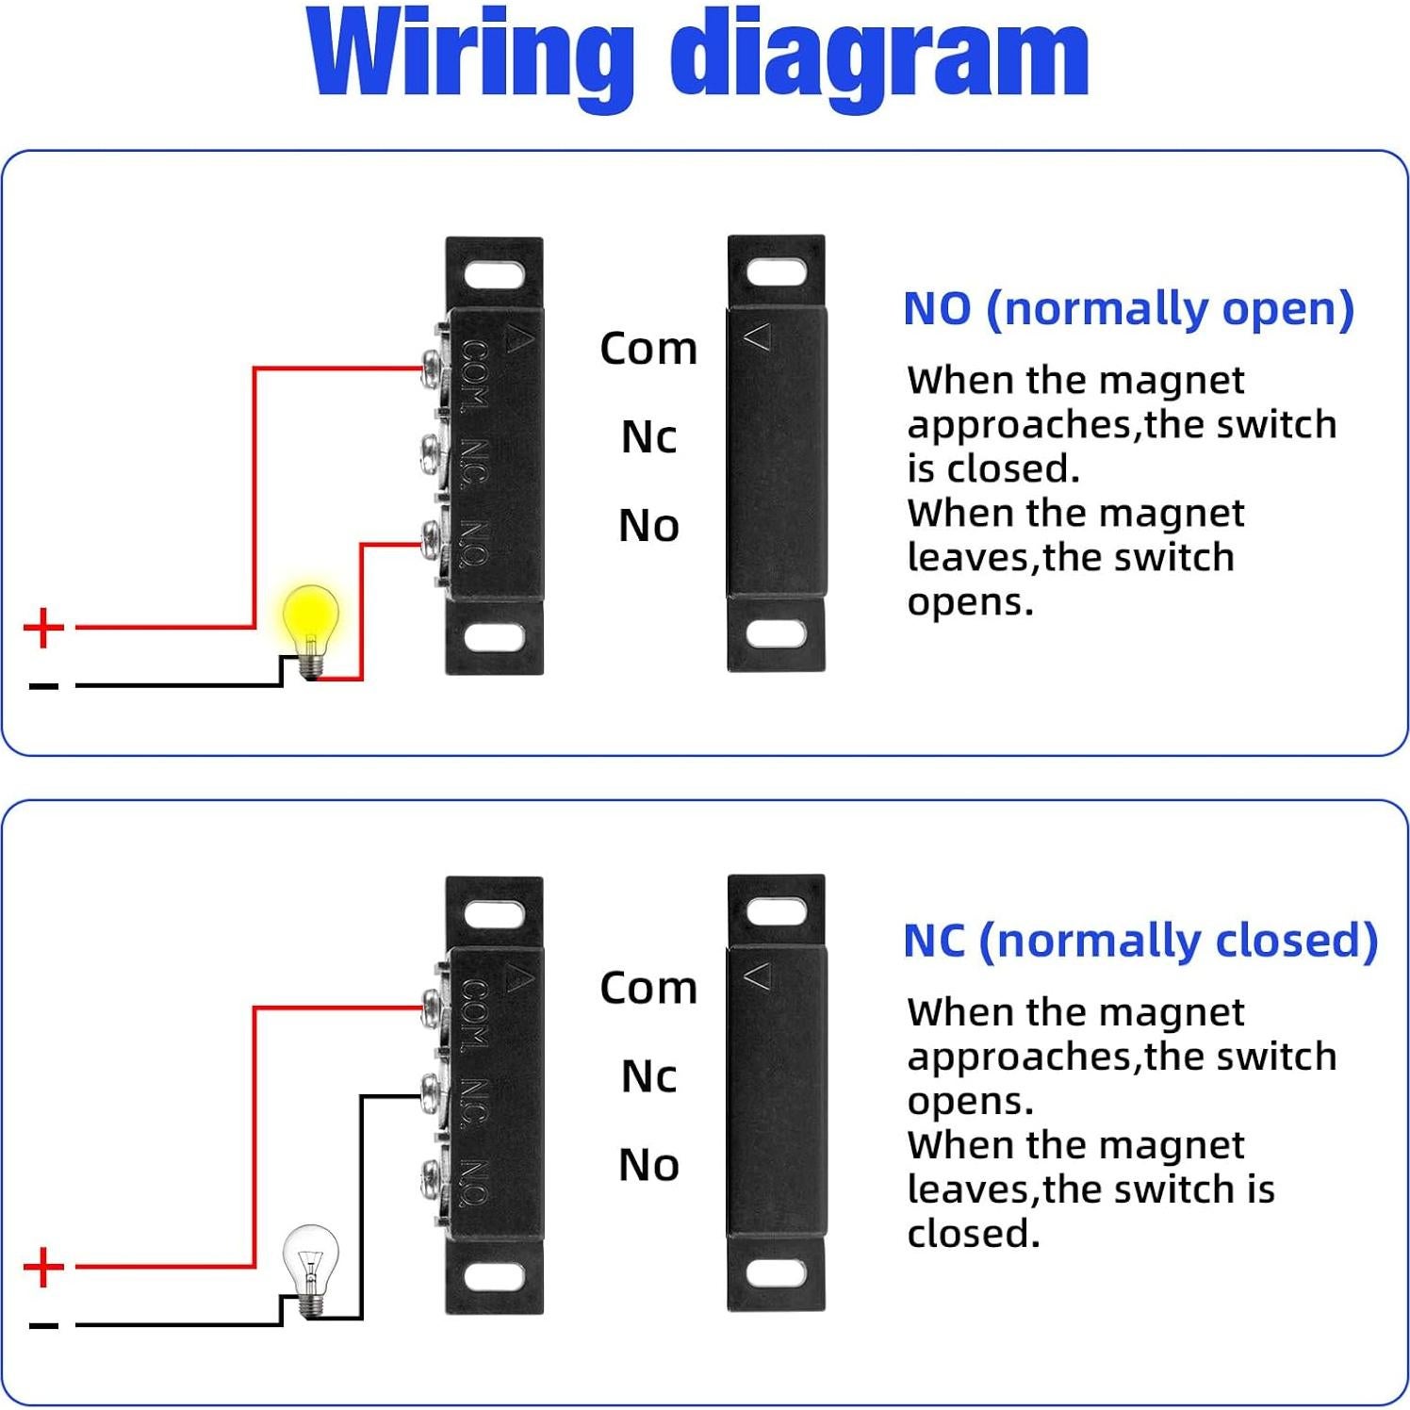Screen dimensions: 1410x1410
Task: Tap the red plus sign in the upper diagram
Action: [x=43, y=628]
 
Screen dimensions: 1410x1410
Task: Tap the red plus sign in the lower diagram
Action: [x=43, y=1267]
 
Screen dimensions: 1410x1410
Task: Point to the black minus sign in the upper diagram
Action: [x=43, y=686]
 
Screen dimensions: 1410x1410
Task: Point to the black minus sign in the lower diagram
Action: [x=43, y=1326]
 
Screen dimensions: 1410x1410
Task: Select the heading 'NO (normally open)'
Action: [x=1127, y=308]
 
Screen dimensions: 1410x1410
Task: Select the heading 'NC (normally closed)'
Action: [x=1139, y=941]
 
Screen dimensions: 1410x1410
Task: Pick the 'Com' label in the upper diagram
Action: [x=648, y=349]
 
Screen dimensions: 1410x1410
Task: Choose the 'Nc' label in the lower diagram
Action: [x=648, y=1076]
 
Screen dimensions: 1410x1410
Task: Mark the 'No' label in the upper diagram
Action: [x=648, y=525]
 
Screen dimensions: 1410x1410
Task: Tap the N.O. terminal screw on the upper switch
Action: [x=434, y=542]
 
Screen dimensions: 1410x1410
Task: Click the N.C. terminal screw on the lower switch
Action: [x=434, y=1094]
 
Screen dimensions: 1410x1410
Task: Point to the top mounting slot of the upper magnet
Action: [x=776, y=273]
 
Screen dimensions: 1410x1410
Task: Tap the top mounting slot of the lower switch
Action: [x=494, y=914]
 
